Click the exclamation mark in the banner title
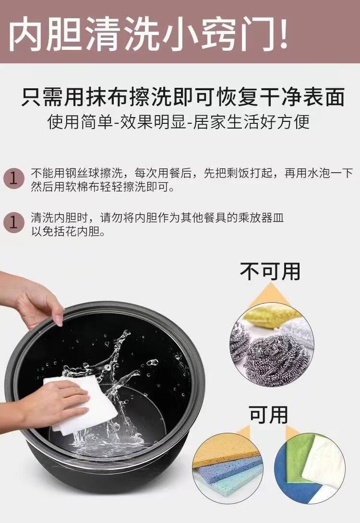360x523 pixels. point(281,32)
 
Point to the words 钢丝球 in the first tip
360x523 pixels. point(83,173)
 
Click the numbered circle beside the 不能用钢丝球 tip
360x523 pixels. point(13,178)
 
